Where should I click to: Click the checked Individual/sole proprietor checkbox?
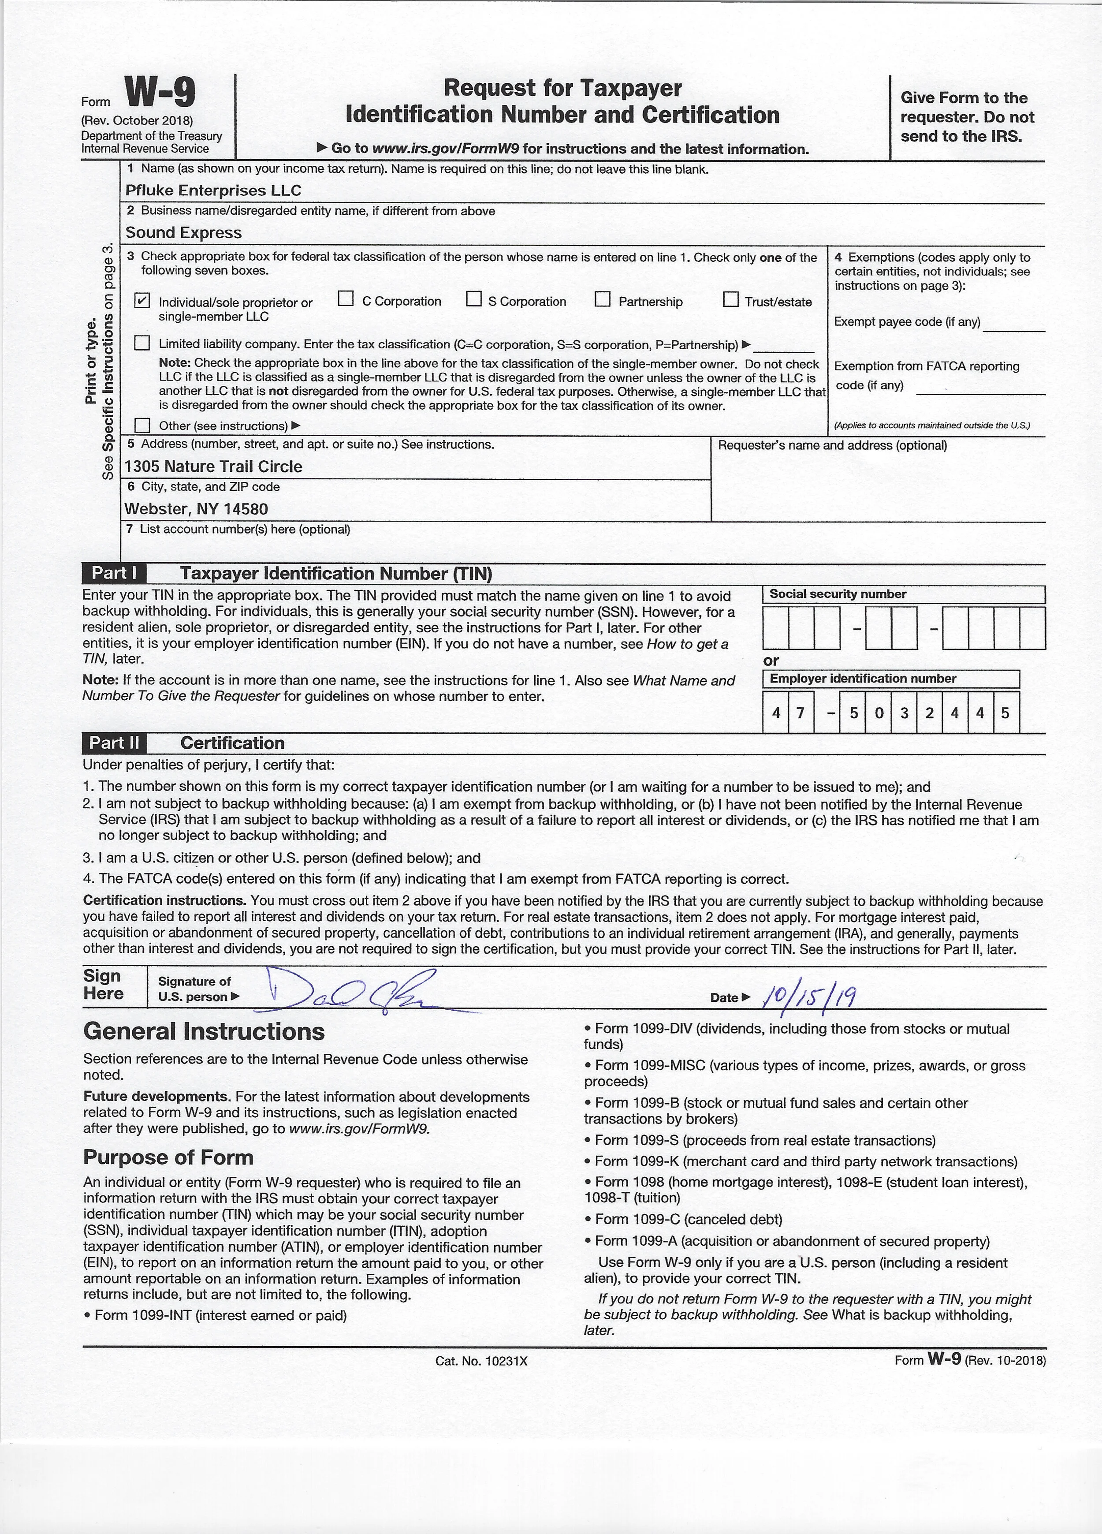(x=142, y=301)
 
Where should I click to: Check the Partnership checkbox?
(x=603, y=299)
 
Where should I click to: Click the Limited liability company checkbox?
(x=142, y=343)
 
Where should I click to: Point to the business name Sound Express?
(x=183, y=233)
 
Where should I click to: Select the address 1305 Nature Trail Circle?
(x=213, y=467)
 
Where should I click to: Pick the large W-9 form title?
(x=160, y=93)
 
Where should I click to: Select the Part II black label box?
(x=114, y=743)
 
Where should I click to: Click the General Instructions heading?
(x=204, y=1031)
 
